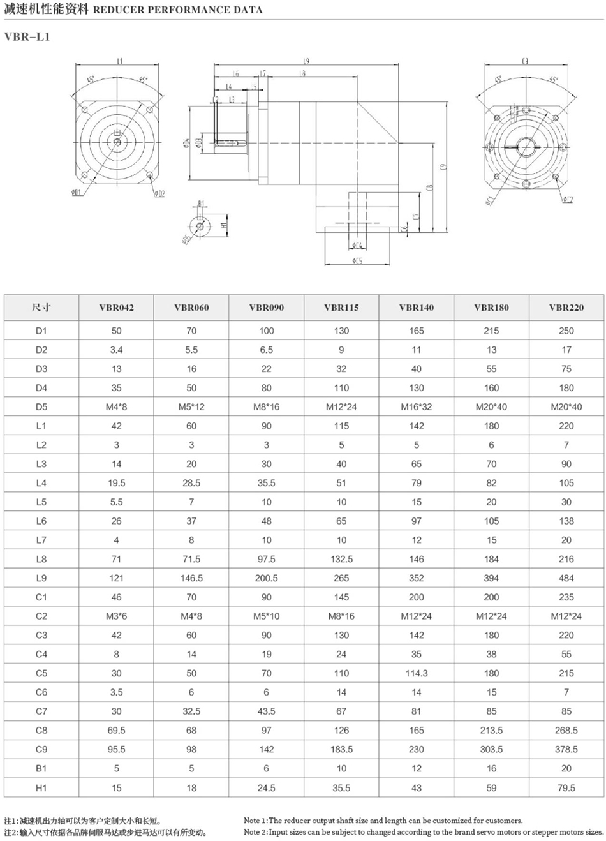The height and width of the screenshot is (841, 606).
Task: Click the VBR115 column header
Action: pyautogui.click(x=341, y=308)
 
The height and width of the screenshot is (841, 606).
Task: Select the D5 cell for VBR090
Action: pyautogui.click(x=266, y=406)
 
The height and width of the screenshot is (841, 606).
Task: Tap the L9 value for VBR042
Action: pyautogui.click(x=116, y=578)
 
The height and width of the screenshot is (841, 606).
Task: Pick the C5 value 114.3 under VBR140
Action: pyautogui.click(x=417, y=673)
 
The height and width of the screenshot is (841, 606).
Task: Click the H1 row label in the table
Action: pyautogui.click(x=41, y=788)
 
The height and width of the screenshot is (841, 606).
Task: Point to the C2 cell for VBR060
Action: pyautogui.click(x=191, y=616)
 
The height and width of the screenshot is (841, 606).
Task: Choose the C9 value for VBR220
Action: pyautogui.click(x=566, y=750)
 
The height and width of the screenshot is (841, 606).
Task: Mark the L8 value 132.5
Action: pyautogui.click(x=341, y=559)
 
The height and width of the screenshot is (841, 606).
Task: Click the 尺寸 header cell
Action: pyautogui.click(x=41, y=308)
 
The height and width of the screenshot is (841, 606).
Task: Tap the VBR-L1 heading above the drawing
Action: pyautogui.click(x=26, y=37)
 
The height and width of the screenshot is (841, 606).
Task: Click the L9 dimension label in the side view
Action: pyautogui.click(x=306, y=61)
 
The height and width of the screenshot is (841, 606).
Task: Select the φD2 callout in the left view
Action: pyautogui.click(x=159, y=193)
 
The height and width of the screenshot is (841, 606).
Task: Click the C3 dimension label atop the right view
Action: pyautogui.click(x=524, y=61)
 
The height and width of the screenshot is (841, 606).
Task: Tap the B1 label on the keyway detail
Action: pyautogui.click(x=201, y=204)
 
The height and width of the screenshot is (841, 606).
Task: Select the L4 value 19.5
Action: pyautogui.click(x=116, y=483)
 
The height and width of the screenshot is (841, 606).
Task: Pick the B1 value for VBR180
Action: pyautogui.click(x=491, y=769)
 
